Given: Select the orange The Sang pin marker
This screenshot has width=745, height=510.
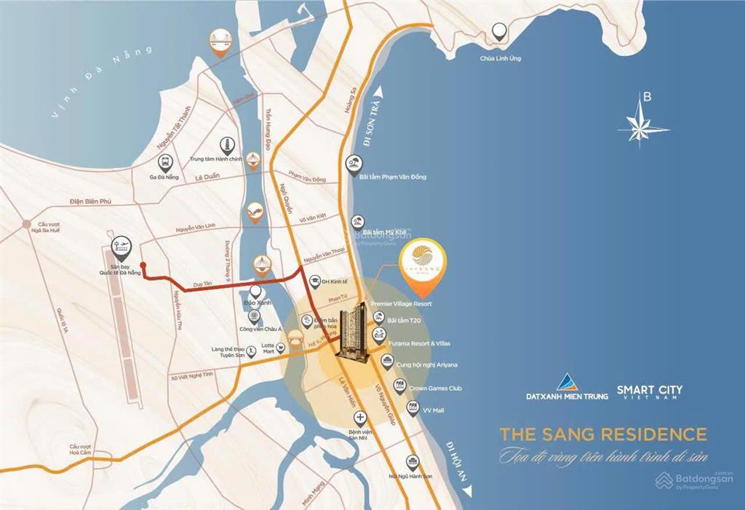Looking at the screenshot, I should (x=423, y=259).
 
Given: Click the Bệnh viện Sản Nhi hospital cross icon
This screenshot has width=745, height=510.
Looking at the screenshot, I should (x=360, y=418).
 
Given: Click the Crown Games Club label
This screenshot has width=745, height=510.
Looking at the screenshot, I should (x=435, y=389).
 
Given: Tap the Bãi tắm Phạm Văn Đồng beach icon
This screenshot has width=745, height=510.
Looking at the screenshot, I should (x=354, y=163).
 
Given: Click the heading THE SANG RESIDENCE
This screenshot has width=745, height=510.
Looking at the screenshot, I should (x=603, y=435).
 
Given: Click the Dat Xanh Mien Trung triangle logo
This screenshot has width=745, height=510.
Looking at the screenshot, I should (x=567, y=381).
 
